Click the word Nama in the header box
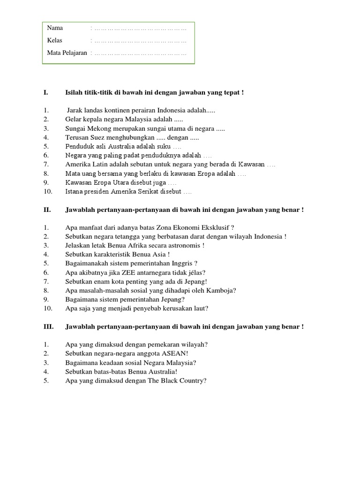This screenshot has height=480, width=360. click(x=55, y=28)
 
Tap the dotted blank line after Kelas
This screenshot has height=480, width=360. click(x=140, y=41)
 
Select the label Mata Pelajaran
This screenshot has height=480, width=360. click(x=67, y=53)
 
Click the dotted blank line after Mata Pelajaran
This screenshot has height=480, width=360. click(x=140, y=53)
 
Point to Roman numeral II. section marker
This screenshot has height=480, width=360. click(x=47, y=210)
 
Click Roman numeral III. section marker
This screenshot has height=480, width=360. click(x=48, y=327)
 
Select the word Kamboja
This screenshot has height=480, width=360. click(x=222, y=290)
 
